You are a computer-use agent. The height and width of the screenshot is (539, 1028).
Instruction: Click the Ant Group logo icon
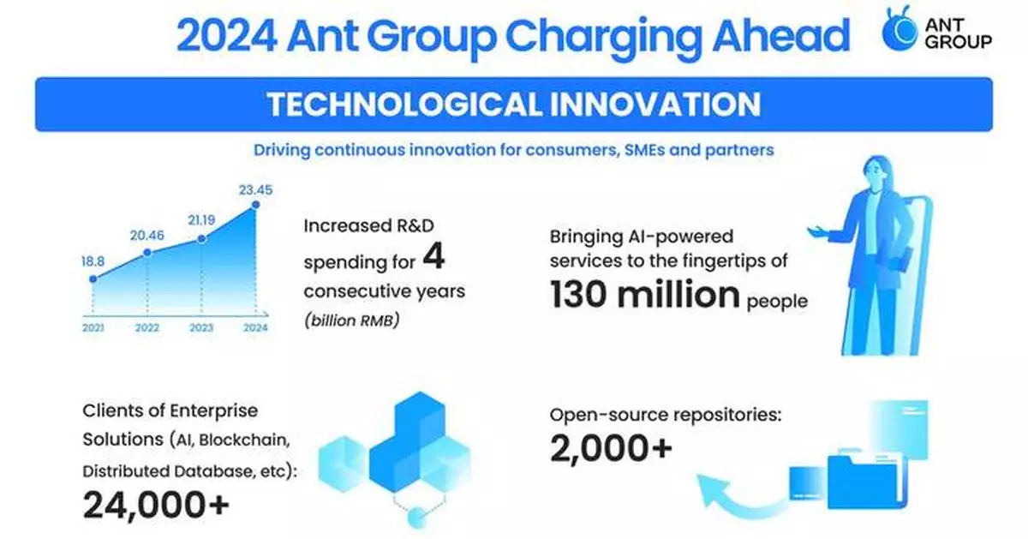tap(900, 35)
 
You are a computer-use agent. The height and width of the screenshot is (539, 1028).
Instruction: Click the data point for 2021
tap(93, 278)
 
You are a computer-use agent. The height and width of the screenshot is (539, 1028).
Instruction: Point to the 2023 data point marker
tap(202, 239)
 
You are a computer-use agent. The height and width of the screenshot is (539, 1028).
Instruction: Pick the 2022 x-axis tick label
tap(147, 328)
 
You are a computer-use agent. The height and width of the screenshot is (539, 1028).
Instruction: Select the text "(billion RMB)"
tap(352, 321)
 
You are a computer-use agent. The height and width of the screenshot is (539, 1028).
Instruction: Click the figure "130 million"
tap(645, 295)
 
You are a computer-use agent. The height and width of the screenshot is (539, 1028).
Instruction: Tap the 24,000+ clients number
tap(156, 506)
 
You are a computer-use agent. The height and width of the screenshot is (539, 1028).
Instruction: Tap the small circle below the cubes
tap(416, 516)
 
